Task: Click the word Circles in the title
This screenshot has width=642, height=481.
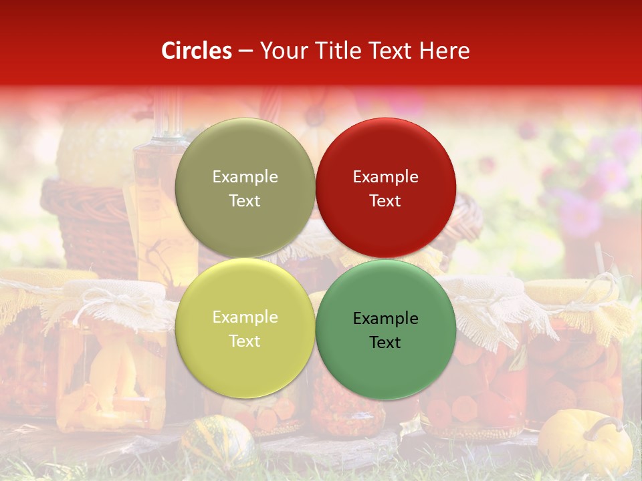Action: tap(197, 51)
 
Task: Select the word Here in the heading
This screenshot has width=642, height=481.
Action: tap(444, 51)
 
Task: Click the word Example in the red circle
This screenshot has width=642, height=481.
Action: tap(385, 177)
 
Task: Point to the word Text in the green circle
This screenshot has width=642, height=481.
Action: tap(385, 343)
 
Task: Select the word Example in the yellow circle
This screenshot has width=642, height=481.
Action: tap(245, 317)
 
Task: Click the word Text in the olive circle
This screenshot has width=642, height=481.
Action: tap(245, 201)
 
